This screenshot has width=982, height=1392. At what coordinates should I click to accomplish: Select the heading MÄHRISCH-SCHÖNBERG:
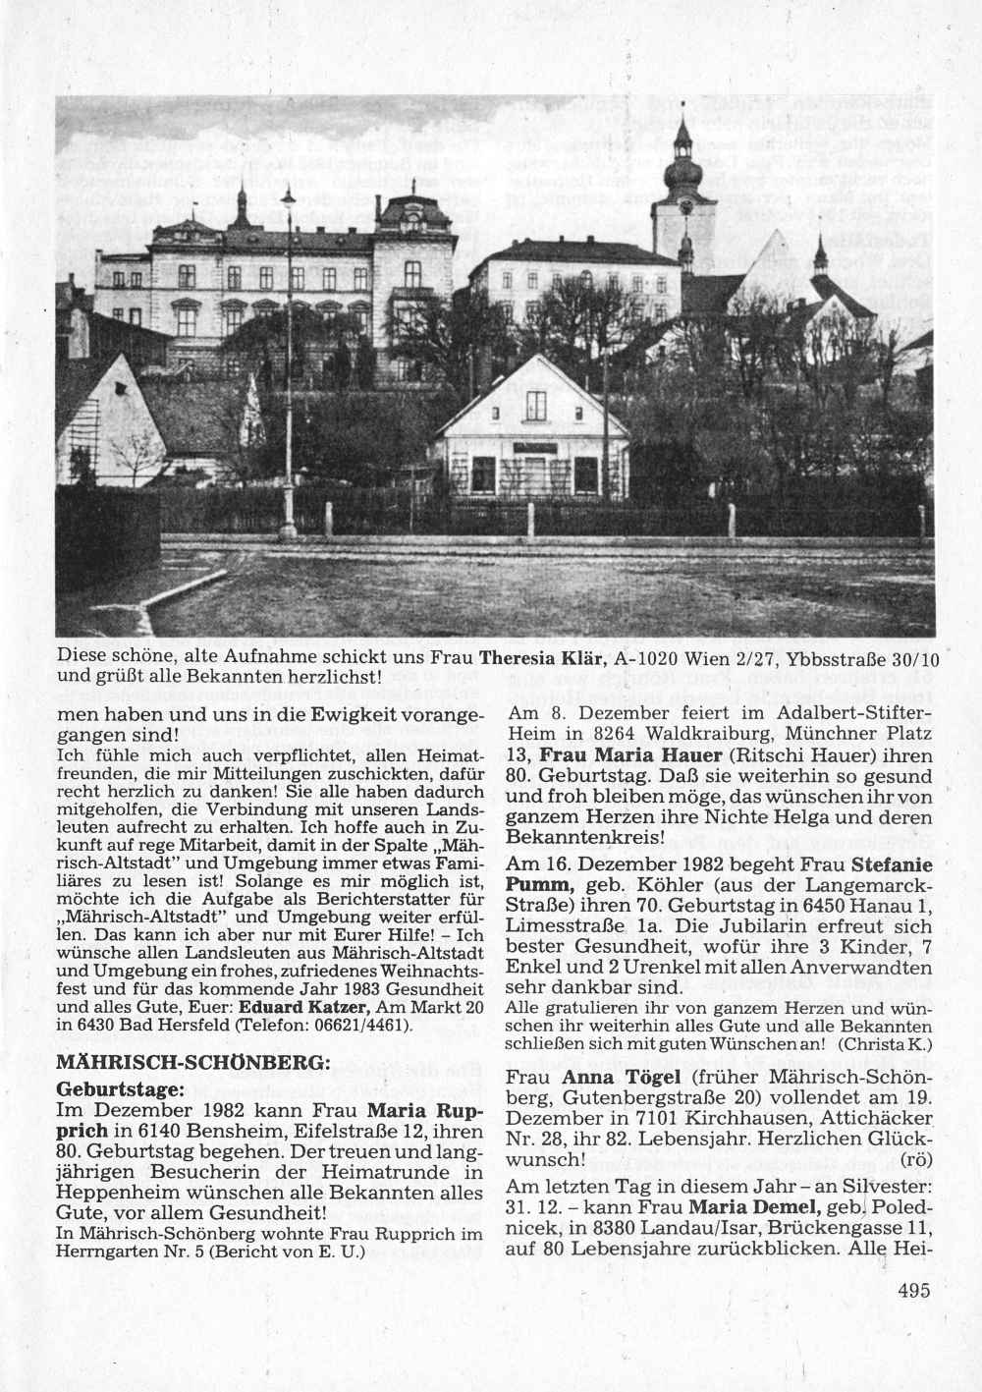tap(189, 1063)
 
